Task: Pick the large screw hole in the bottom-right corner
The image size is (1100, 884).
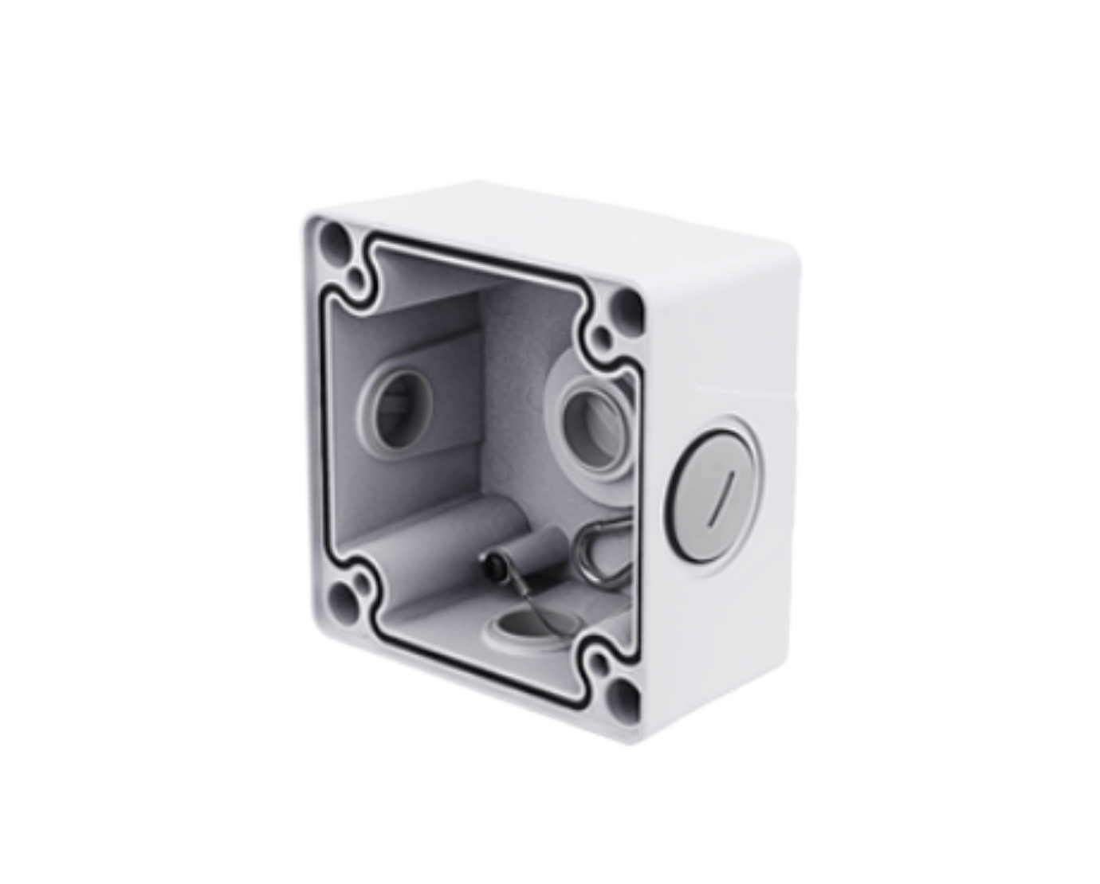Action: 628,696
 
